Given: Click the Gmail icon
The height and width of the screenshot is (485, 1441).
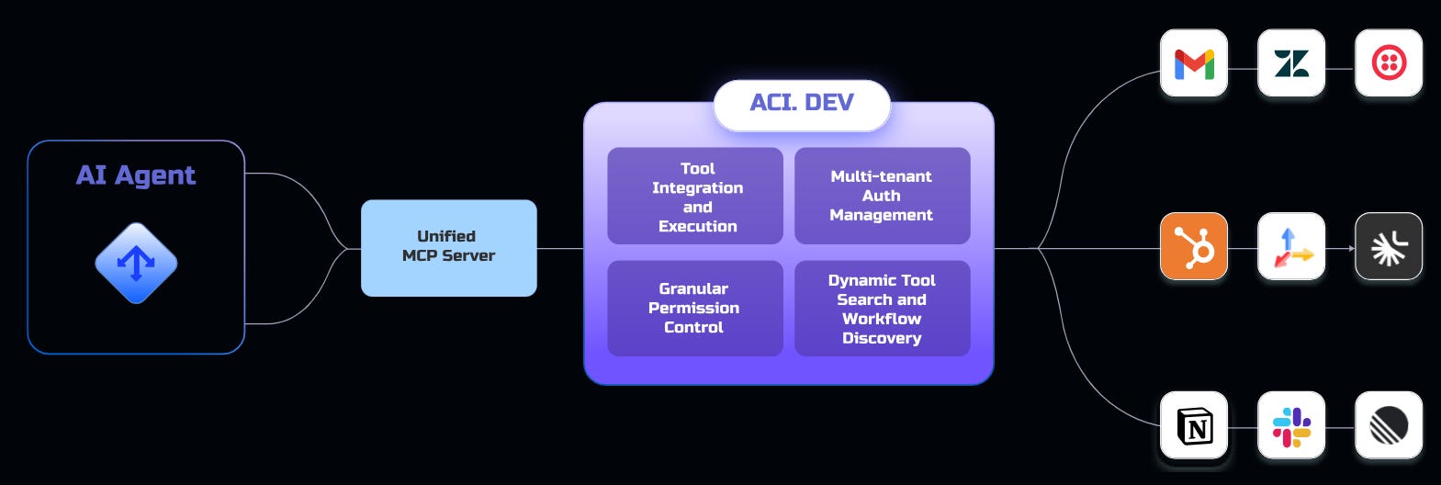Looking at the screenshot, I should coord(1194,63).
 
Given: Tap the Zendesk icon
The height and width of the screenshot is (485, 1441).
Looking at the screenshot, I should coord(1291,63).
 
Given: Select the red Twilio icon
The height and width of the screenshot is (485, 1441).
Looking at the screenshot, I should coord(1388,63).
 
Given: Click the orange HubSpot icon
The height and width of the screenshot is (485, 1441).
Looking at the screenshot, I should coord(1194,246).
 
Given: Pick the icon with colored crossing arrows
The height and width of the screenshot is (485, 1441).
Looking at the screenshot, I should coord(1291,246).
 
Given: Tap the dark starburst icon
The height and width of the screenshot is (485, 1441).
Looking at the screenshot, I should coord(1388,246).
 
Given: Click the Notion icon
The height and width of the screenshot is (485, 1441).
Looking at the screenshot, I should coord(1194,426).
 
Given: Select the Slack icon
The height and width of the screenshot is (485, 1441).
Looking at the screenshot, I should coord(1291,426).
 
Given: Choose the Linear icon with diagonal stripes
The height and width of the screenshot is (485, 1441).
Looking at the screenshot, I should coord(1388,426).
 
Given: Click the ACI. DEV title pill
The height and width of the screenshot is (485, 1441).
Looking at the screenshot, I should coord(802,103).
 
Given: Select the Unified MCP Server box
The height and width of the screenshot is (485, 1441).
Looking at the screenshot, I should coord(448,247).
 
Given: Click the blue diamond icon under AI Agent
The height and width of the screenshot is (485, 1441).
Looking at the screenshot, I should coord(136,264).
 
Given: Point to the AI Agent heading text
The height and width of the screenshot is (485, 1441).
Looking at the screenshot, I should coord(136,175).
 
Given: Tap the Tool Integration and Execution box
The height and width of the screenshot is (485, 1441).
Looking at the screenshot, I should coord(695,197).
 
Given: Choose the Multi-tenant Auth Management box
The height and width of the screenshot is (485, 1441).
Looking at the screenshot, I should coord(882,196).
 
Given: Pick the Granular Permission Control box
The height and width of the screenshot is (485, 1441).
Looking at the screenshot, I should coord(695,308).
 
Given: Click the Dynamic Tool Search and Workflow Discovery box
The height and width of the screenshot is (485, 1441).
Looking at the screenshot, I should coord(882,309).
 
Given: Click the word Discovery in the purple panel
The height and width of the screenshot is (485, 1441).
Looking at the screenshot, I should coord(882,338).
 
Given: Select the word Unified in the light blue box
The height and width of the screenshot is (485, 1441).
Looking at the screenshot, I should coord(446,236).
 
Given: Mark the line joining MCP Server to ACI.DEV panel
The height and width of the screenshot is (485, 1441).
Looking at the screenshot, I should coord(560,248).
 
